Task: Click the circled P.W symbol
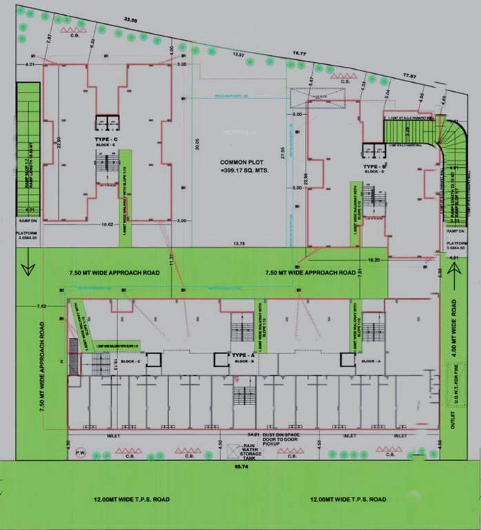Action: (x=80, y=453)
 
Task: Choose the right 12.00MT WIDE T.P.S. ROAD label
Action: (x=347, y=498)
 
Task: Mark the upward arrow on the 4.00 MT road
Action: (x=454, y=279)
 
